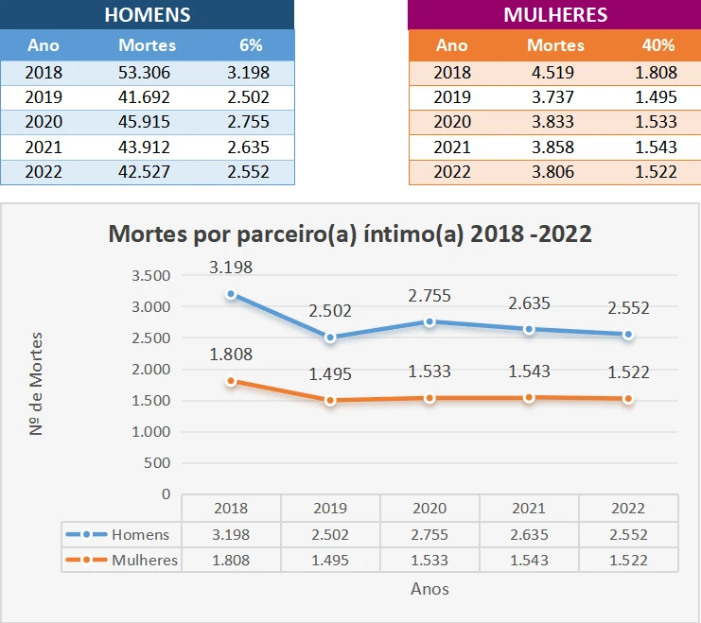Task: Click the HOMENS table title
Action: (147, 15)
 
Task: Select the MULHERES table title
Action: (555, 15)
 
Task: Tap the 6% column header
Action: (251, 45)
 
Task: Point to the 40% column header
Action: (658, 45)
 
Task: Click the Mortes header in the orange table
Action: (555, 45)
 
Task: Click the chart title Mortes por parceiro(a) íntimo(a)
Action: (350, 234)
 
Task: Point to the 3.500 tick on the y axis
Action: (150, 275)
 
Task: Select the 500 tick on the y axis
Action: (157, 462)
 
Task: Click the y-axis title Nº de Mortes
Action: (36, 383)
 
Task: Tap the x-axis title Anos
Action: (429, 589)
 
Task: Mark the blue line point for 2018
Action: (231, 294)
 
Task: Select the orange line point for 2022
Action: (628, 399)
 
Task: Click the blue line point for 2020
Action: (429, 321)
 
